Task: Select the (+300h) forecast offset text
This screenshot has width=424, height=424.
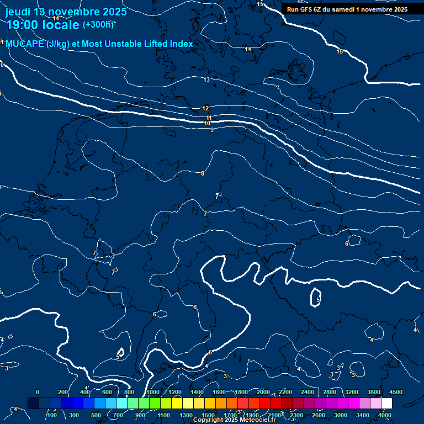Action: click(x=98, y=24)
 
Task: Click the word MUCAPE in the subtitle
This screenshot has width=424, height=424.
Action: click(x=25, y=44)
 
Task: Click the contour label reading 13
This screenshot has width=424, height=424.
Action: click(x=206, y=80)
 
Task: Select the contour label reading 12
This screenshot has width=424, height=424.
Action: click(x=205, y=109)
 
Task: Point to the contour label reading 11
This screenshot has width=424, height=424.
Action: click(x=209, y=118)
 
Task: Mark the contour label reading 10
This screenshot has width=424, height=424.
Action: click(x=207, y=123)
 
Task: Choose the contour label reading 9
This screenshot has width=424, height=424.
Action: click(x=211, y=130)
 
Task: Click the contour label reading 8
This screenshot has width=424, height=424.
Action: click(x=203, y=173)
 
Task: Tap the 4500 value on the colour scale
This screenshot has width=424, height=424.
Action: click(x=396, y=391)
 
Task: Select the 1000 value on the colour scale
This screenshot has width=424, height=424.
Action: click(x=153, y=391)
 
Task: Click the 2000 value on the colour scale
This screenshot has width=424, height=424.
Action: click(x=263, y=391)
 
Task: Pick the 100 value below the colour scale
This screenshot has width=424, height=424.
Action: click(x=52, y=415)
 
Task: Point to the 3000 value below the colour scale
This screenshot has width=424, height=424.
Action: click(x=341, y=415)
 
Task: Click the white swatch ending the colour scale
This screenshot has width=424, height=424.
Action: click(x=386, y=404)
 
